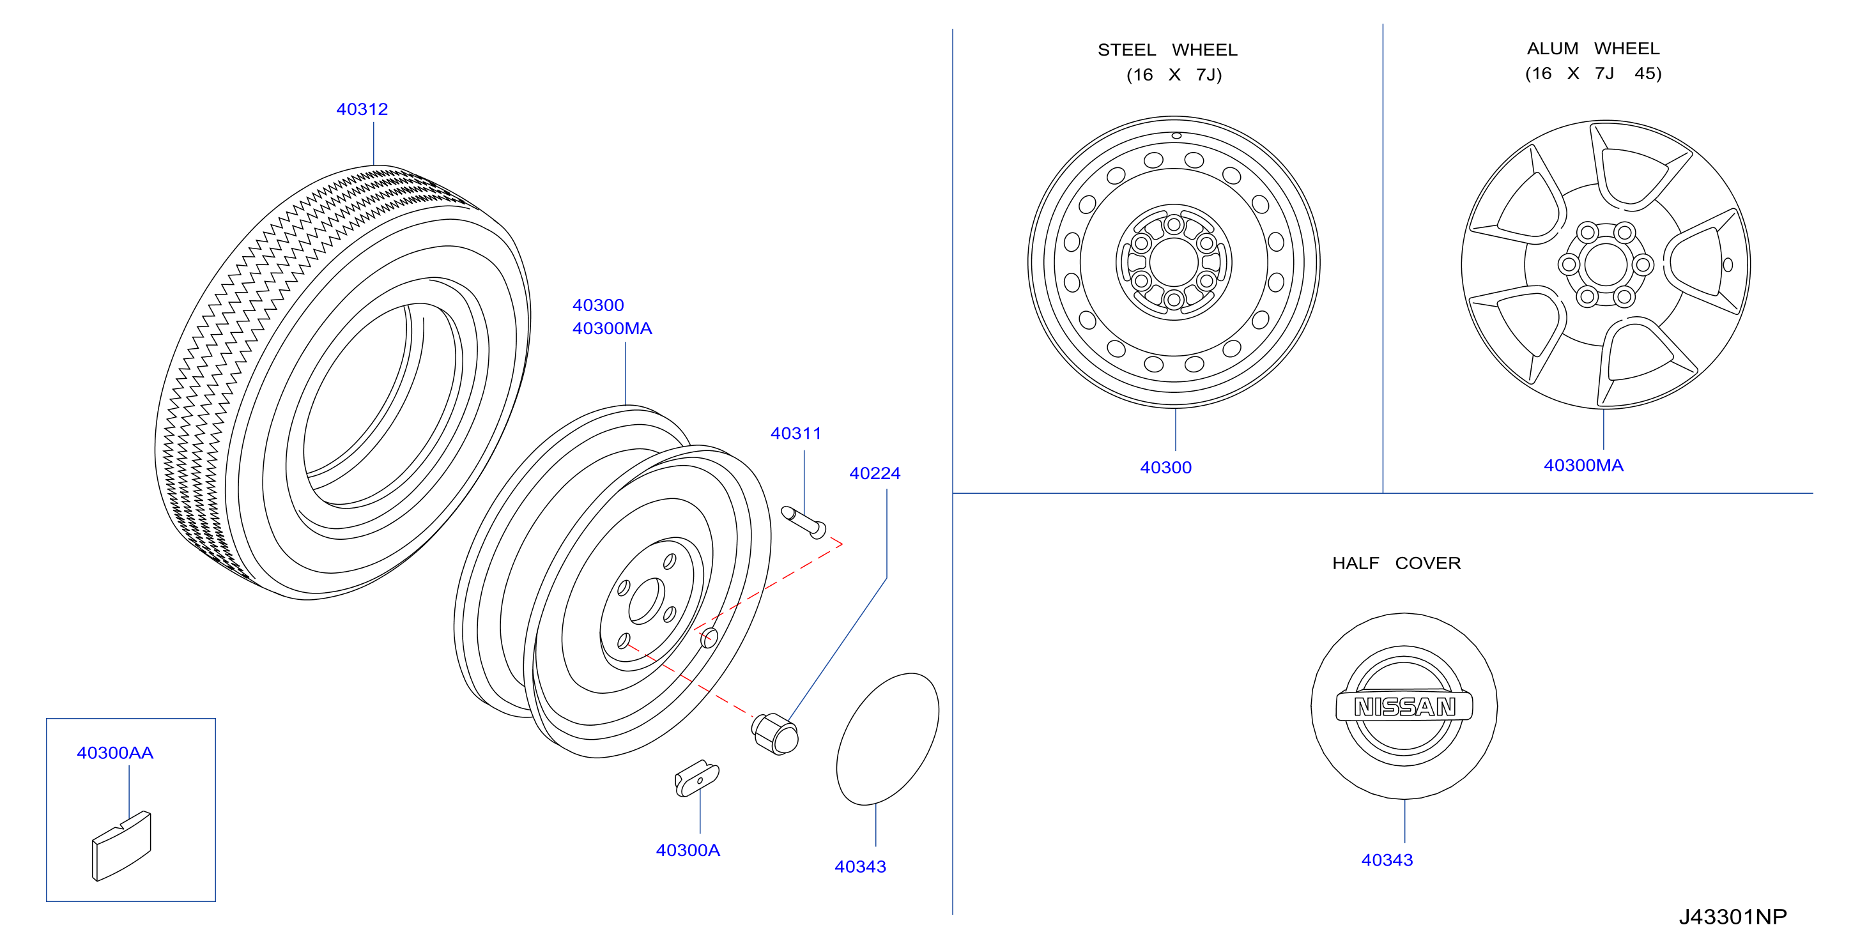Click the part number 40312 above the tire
click(x=362, y=109)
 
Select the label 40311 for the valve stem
click(x=795, y=433)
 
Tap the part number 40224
click(x=874, y=473)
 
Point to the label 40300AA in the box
click(x=115, y=753)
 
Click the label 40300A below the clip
click(x=688, y=850)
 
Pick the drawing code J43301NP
click(x=1732, y=916)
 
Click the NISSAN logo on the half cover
click(x=1404, y=706)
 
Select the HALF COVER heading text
click(x=1397, y=563)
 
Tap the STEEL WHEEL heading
click(x=1167, y=50)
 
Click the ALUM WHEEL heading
click(x=1593, y=49)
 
